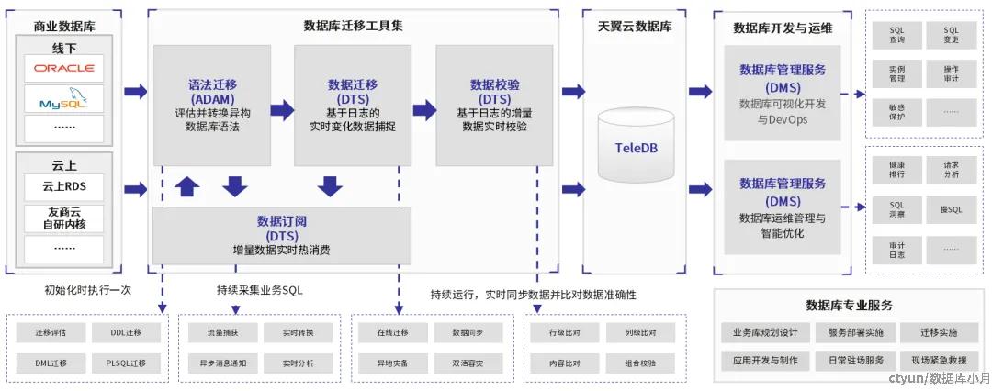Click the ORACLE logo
64,68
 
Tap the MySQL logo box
64,98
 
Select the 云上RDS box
64,187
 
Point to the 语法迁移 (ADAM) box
212,106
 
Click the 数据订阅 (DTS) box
283,235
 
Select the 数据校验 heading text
495,84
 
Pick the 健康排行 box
896,170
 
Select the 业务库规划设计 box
765,332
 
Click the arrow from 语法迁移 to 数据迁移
282,110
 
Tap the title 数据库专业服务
849,306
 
